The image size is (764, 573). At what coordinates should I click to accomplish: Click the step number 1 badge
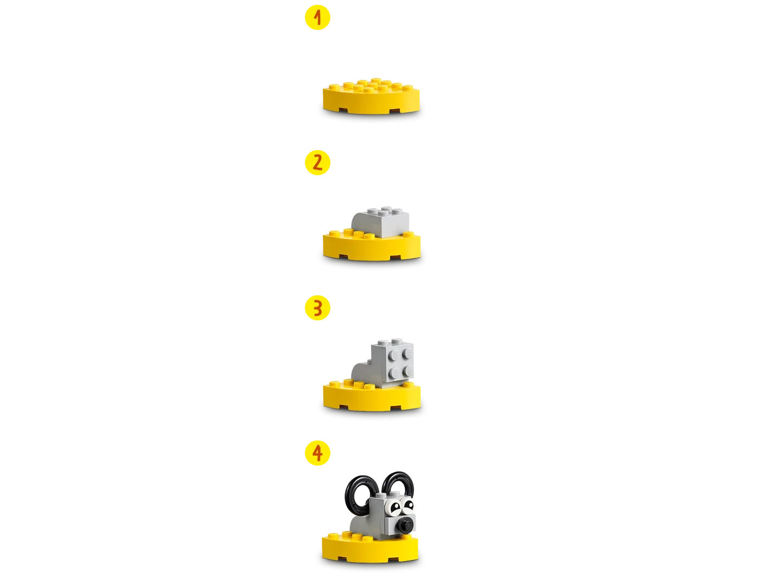(x=317, y=18)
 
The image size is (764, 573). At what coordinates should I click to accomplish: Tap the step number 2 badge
(x=317, y=163)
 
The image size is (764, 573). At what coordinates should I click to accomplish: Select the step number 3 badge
(x=317, y=308)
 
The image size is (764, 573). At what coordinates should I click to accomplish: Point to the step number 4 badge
(x=317, y=453)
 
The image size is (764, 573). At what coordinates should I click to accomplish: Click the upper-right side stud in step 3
(x=408, y=352)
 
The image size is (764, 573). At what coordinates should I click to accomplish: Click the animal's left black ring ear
(x=356, y=493)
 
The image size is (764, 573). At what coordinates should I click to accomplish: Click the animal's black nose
(x=405, y=525)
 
